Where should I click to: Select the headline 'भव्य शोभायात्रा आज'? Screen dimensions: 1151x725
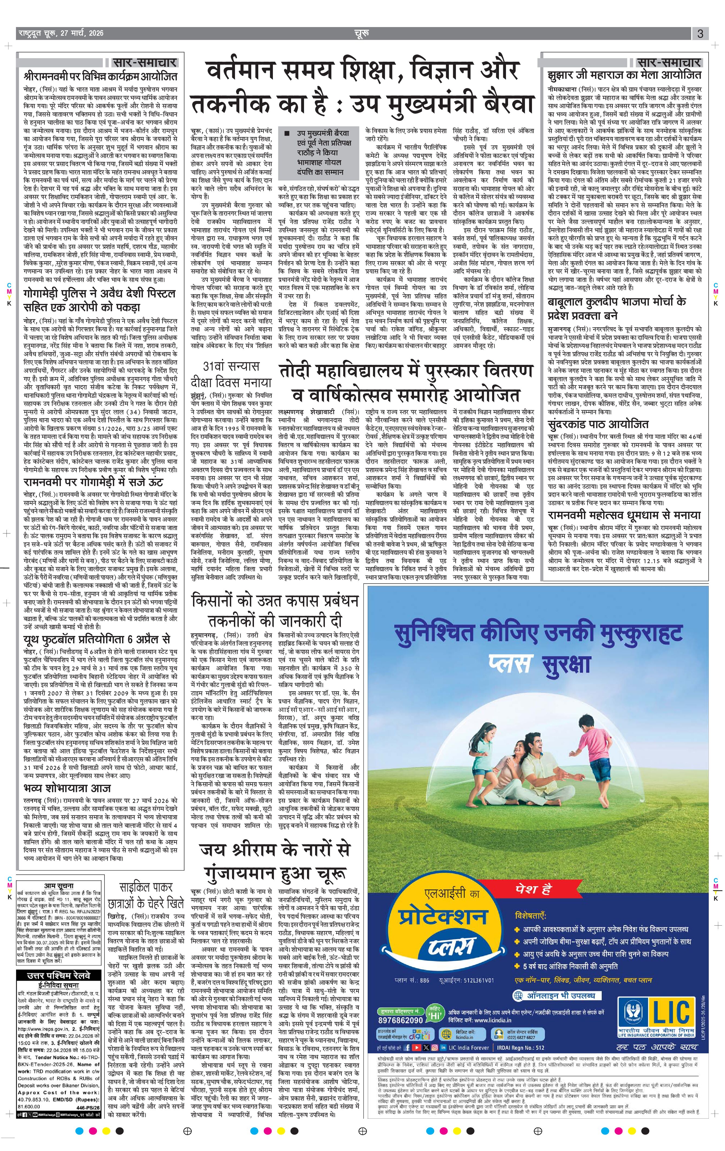pos(67,787)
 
